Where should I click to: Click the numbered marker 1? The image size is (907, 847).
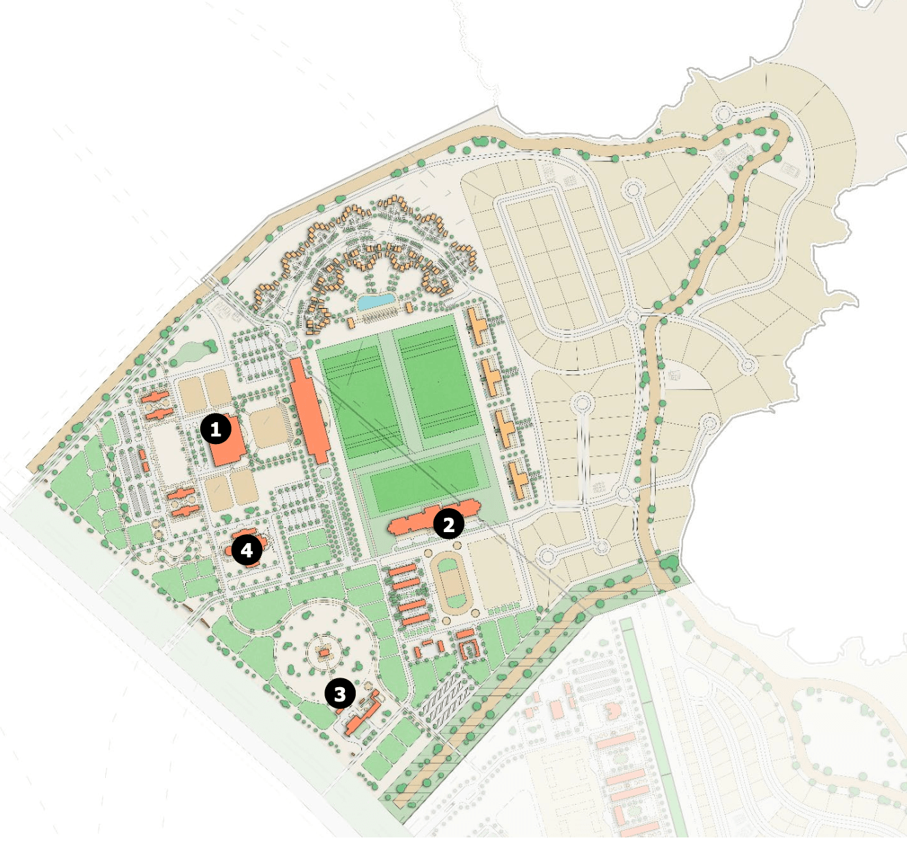point(216,430)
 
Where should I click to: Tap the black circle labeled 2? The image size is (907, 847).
point(449,525)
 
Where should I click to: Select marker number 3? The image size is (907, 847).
point(339,694)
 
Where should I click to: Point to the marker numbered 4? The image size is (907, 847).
point(247,550)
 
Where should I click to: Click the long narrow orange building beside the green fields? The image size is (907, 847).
point(309,409)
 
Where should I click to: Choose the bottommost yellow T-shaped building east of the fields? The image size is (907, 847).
point(518,480)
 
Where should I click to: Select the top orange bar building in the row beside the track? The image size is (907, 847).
point(403,570)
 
